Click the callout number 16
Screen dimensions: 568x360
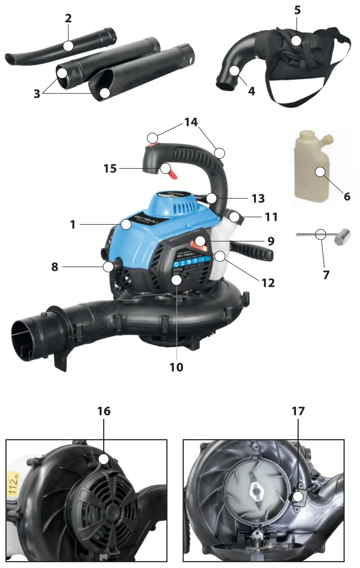point(104,411)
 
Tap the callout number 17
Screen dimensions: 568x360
point(298,411)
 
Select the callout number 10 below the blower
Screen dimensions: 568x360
point(176,367)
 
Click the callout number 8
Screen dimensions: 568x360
point(54,267)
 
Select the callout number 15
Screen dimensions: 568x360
point(110,169)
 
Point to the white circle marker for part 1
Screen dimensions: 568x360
point(126,225)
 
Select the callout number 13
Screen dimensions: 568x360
point(258,198)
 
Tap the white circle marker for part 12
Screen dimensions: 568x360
point(220,256)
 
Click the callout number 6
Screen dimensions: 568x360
point(347,196)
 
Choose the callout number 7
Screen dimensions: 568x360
point(326,274)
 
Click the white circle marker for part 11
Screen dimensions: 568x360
point(236,216)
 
